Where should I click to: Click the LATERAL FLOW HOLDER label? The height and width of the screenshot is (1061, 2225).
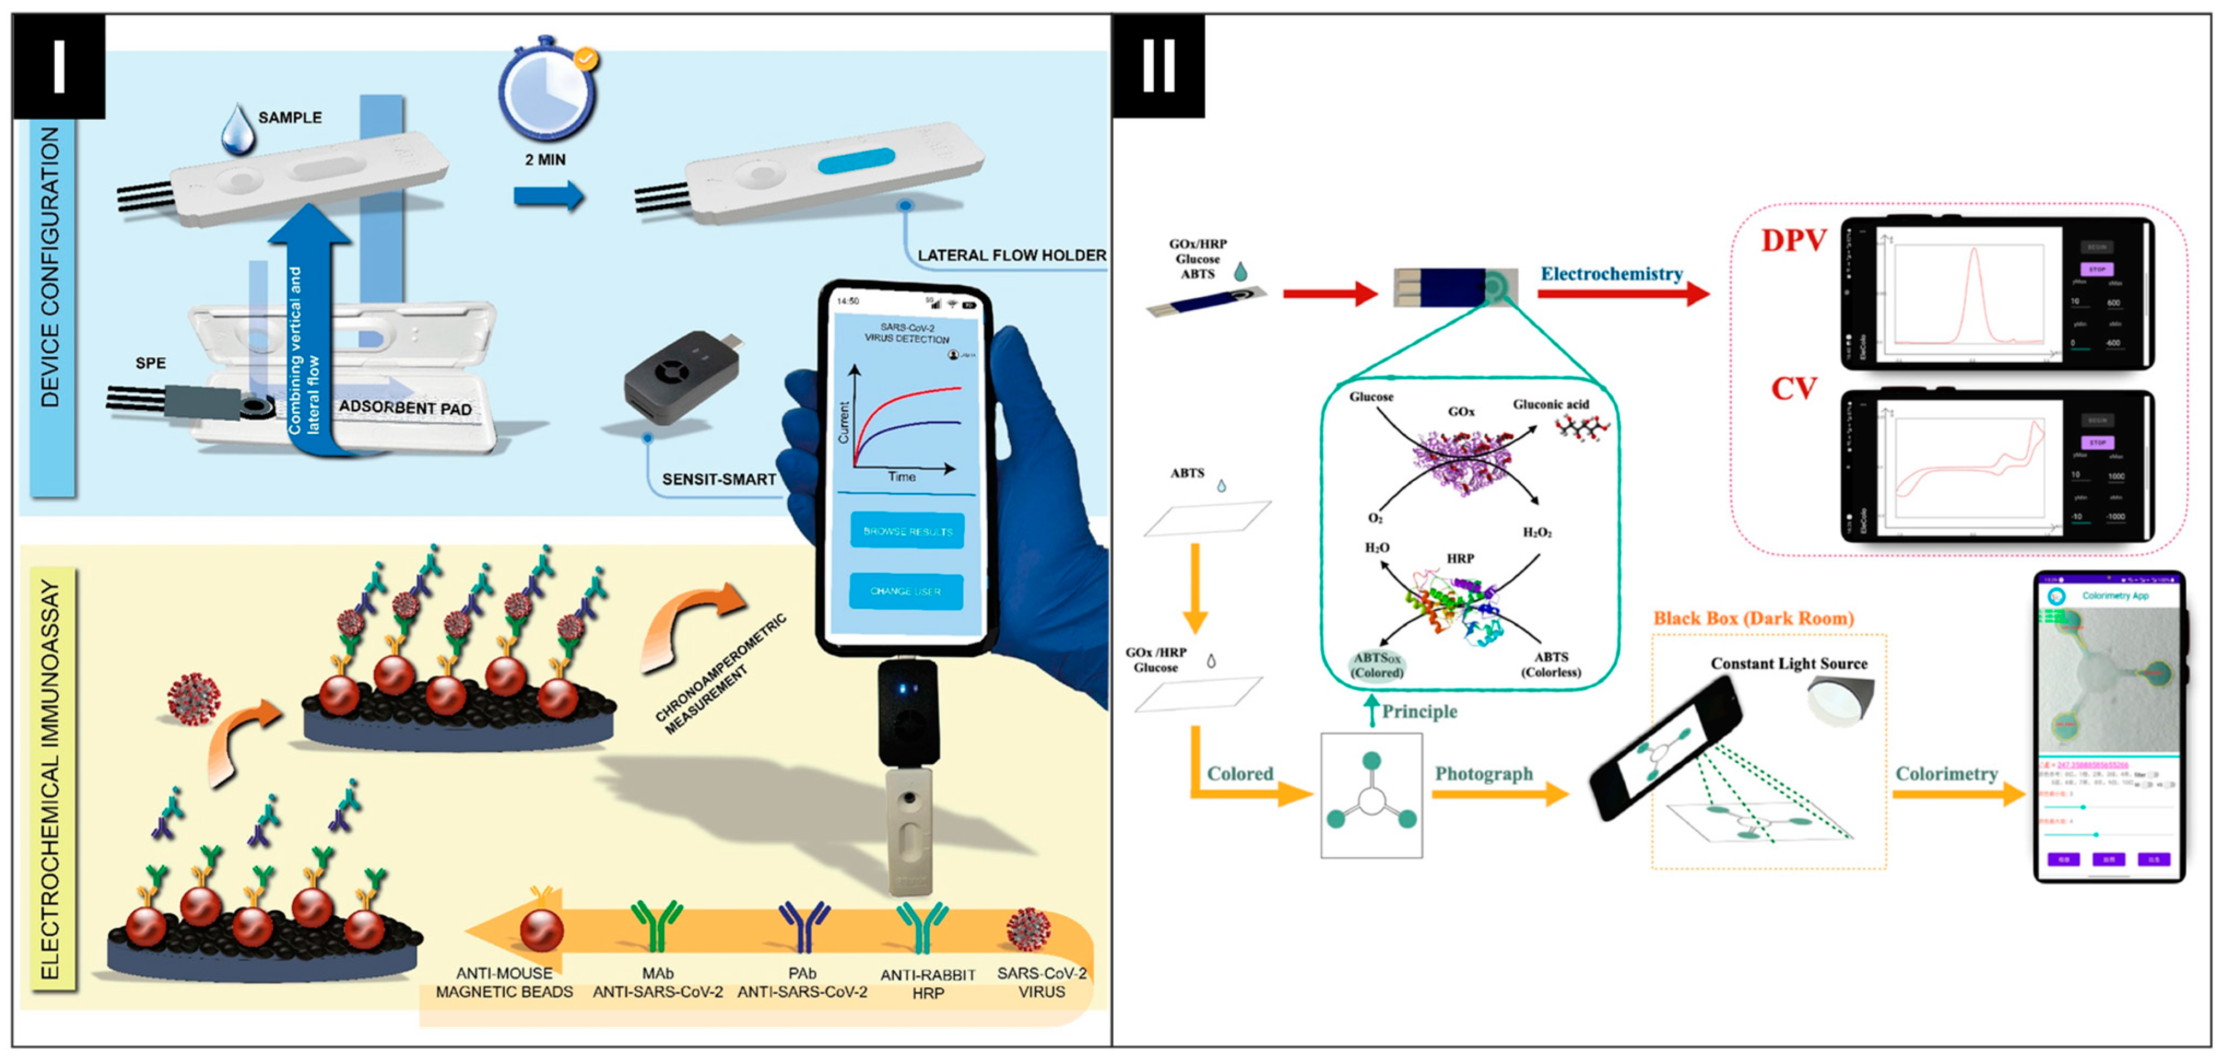coord(1012,255)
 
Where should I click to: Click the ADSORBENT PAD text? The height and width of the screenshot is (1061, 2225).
coord(405,407)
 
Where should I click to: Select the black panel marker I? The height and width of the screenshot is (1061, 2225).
coord(59,67)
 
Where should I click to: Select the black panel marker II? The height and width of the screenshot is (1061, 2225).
coord(1158,67)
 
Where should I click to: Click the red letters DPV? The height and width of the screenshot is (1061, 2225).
coord(1794,240)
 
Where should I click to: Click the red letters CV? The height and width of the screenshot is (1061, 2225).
coord(1794,389)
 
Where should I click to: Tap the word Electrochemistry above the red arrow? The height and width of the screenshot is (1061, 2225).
coord(1612,274)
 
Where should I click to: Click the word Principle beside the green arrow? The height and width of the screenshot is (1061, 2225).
coord(1419,711)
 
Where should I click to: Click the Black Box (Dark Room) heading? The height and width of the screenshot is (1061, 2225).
coord(1754,618)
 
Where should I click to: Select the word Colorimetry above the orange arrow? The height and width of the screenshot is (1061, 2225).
coord(1946,773)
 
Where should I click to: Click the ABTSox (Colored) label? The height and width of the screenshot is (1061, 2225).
coord(1377,665)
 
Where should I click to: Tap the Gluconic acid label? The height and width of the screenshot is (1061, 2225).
coord(1550,404)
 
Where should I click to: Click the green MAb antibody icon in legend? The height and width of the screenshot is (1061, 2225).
coord(657,924)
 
